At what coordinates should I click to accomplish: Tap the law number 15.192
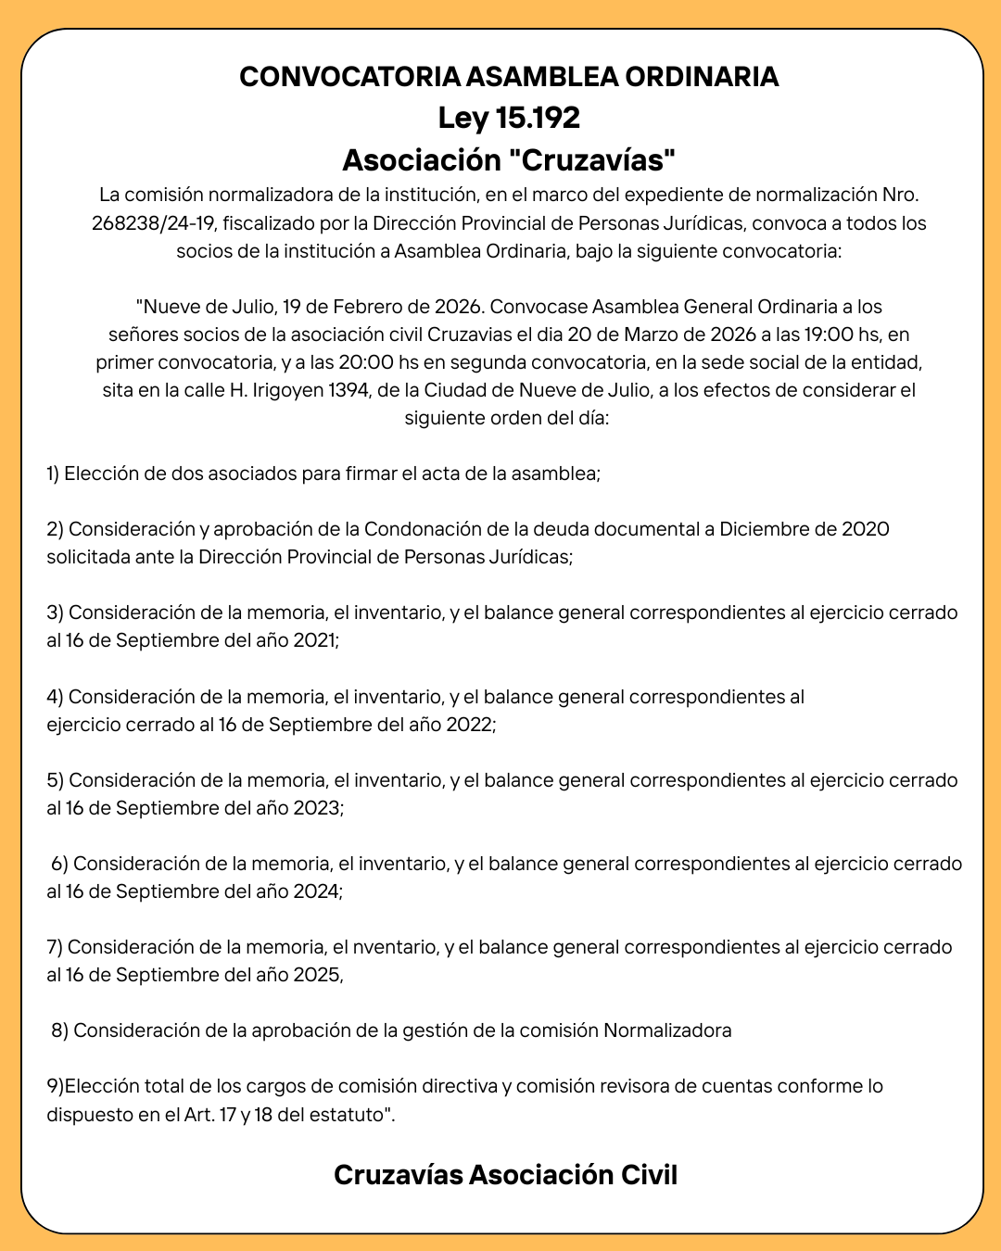pos(538,119)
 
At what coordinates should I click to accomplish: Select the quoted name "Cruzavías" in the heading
pos(591,160)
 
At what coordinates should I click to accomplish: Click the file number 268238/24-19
pos(153,223)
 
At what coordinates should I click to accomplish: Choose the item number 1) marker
pos(53,474)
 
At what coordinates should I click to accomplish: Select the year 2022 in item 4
pos(471,725)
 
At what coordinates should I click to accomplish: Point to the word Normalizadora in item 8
pos(667,1030)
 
